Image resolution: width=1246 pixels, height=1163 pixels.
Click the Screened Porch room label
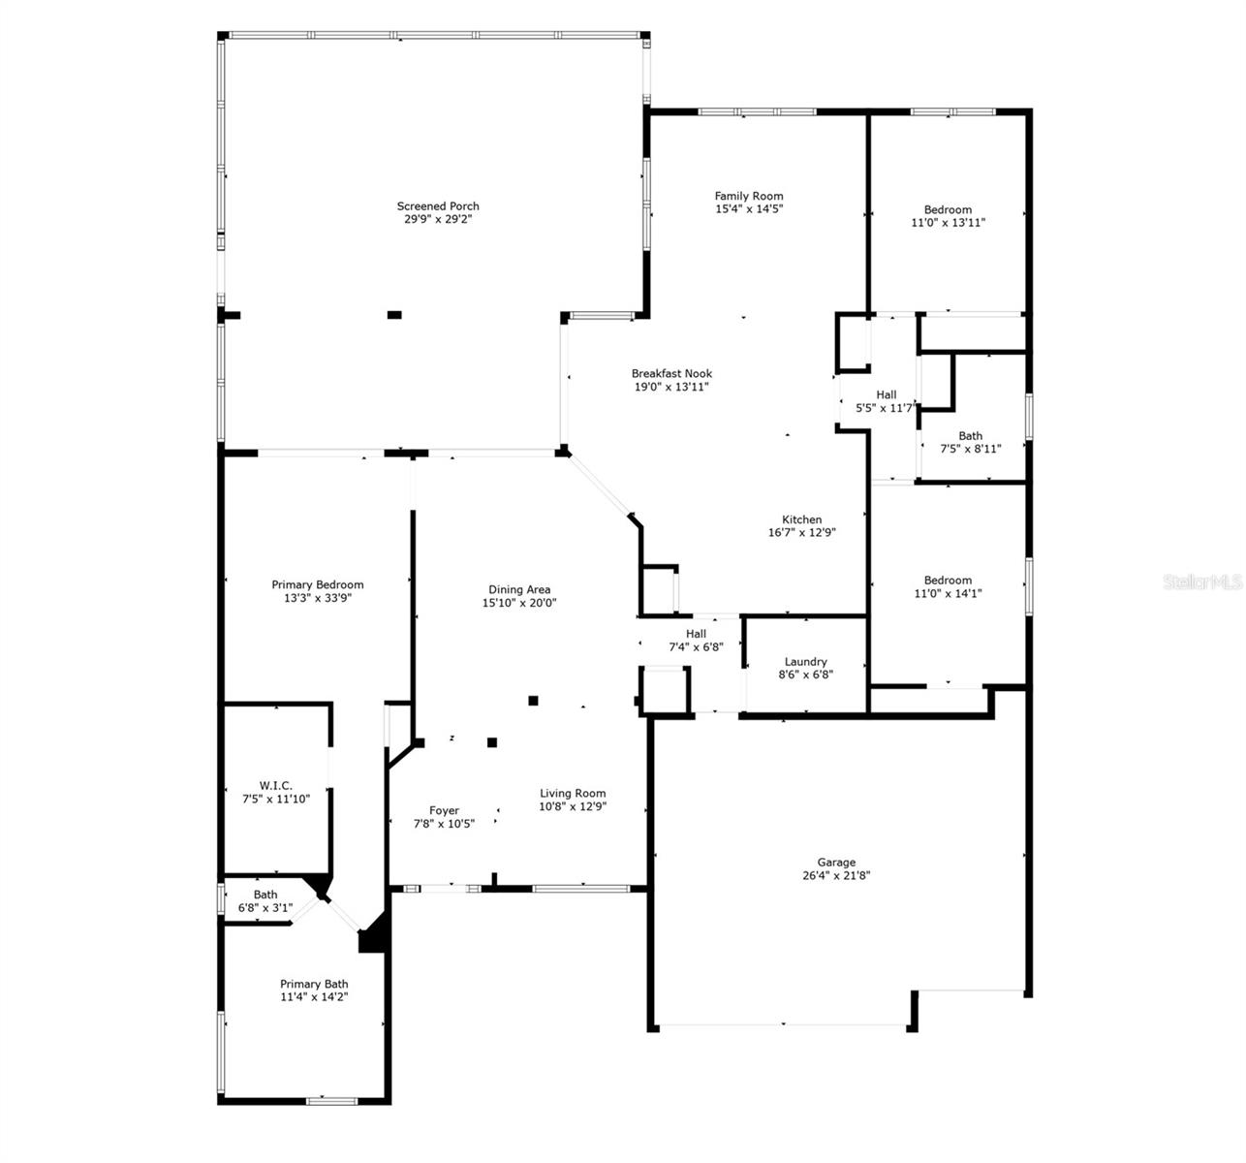pyautogui.click(x=438, y=206)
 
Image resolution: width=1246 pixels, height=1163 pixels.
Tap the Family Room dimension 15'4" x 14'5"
pyautogui.click(x=749, y=208)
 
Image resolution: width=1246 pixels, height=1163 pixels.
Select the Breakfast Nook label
pyautogui.click(x=671, y=374)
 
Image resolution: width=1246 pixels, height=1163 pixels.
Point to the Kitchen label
pyautogui.click(x=801, y=519)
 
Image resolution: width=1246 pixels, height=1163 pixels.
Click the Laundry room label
pyautogui.click(x=805, y=662)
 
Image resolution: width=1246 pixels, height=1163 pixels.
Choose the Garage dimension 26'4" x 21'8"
pyautogui.click(x=836, y=875)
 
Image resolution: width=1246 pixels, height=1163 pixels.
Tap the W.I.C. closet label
pyautogui.click(x=275, y=785)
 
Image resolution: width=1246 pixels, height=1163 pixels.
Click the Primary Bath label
pyautogui.click(x=314, y=984)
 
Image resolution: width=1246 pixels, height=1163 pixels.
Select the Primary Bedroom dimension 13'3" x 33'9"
pyautogui.click(x=317, y=598)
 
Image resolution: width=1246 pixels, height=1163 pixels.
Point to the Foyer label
pyautogui.click(x=444, y=810)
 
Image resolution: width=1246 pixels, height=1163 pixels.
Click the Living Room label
pyautogui.click(x=573, y=793)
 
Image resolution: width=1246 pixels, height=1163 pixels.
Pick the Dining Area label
pyautogui.click(x=519, y=589)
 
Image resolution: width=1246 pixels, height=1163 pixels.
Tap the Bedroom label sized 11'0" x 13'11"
pyautogui.click(x=948, y=209)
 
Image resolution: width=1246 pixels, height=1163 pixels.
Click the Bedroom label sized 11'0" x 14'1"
pyautogui.click(x=948, y=580)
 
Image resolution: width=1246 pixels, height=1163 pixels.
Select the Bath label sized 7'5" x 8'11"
pyautogui.click(x=970, y=435)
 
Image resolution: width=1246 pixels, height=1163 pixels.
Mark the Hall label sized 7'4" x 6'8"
pyautogui.click(x=696, y=634)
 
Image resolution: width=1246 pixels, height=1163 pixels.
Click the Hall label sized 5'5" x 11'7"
pyautogui.click(x=886, y=394)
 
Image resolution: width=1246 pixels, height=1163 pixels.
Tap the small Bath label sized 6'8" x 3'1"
pyautogui.click(x=265, y=895)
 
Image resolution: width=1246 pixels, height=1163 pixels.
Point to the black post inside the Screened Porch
pyautogui.click(x=394, y=314)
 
